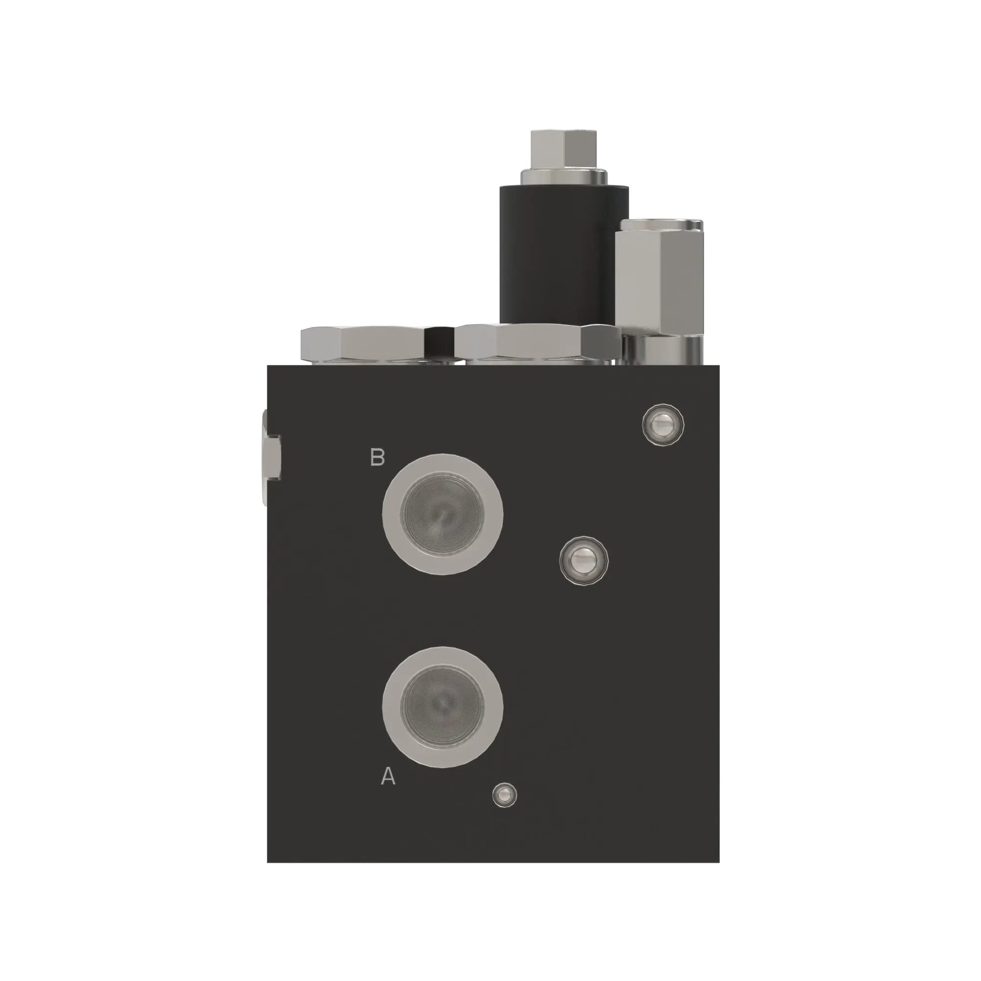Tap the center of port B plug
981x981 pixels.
(442, 515)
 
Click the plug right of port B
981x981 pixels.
(583, 561)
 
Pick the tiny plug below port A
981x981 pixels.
(505, 808)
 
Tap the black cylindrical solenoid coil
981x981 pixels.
(564, 254)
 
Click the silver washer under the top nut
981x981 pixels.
(564, 178)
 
